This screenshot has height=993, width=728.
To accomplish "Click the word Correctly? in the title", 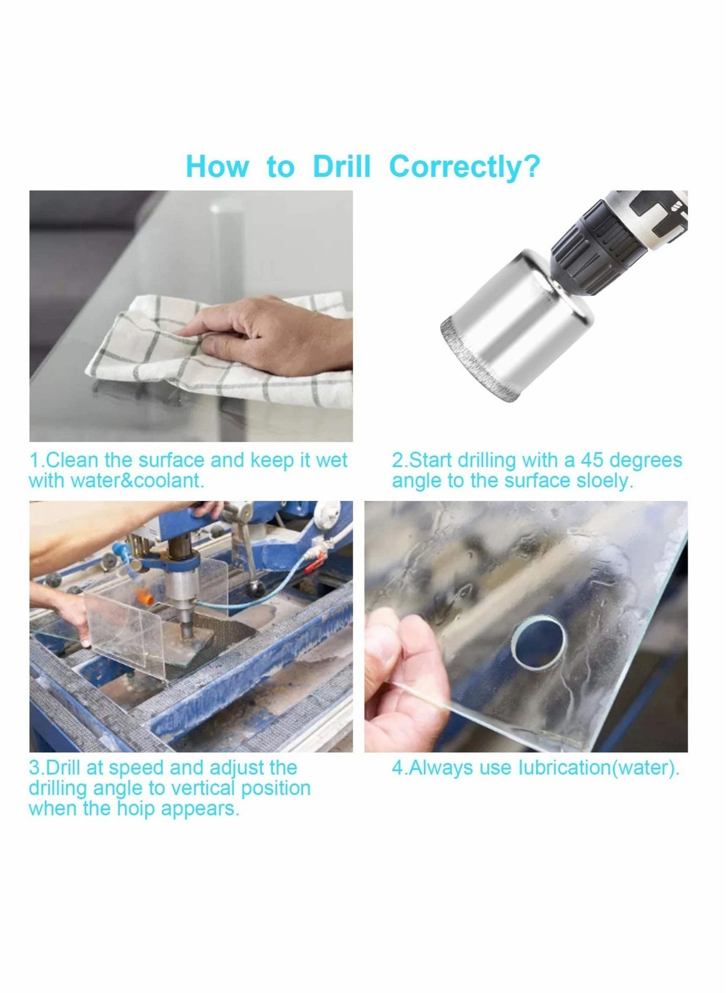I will (464, 167).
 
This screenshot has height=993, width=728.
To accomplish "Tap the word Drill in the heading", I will (342, 167).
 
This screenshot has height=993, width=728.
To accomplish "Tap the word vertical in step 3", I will (203, 788).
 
